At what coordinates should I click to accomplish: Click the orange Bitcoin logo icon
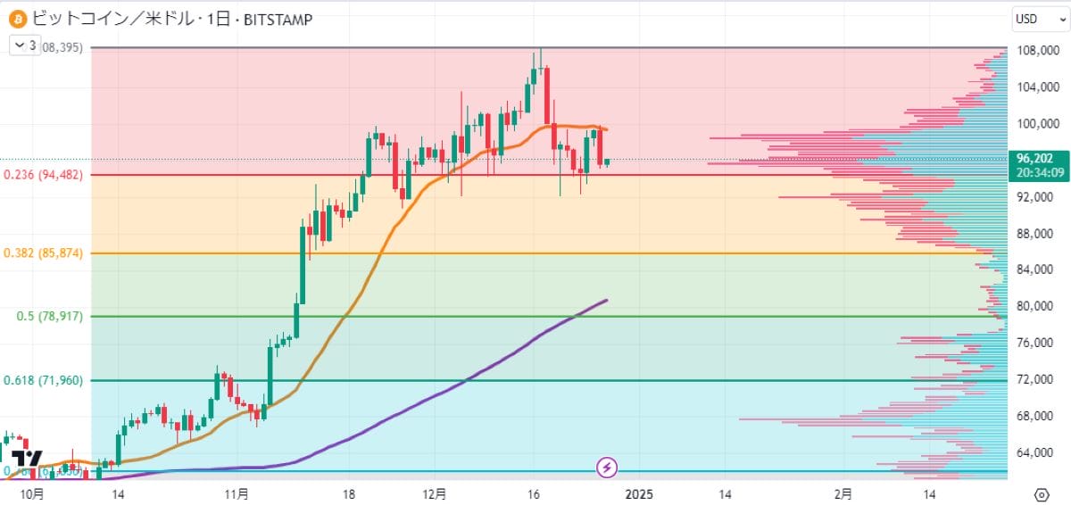(x=16, y=18)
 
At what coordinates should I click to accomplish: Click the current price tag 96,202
(x=1034, y=158)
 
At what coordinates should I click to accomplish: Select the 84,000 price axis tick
(x=1036, y=269)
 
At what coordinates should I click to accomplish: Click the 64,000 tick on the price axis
(x=1036, y=452)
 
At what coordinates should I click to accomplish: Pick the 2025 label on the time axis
(x=640, y=493)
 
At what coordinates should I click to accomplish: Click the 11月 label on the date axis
(x=237, y=493)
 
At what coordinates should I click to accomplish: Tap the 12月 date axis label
(x=436, y=493)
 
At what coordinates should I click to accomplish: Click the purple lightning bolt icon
(x=607, y=466)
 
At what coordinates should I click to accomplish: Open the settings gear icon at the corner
(x=1042, y=493)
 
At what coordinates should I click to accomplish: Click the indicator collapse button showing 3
(x=25, y=46)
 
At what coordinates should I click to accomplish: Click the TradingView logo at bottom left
(x=27, y=459)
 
